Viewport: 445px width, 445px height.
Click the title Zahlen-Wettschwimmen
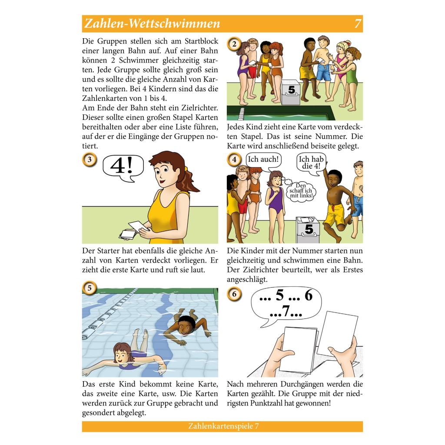click(153, 23)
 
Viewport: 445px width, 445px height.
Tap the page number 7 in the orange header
click(358, 23)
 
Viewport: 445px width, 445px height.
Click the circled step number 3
click(90, 159)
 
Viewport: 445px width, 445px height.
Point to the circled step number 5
click(90, 288)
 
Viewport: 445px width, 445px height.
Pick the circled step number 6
click(234, 294)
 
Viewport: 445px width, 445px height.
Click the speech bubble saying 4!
click(123, 167)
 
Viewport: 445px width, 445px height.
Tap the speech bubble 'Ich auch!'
click(263, 161)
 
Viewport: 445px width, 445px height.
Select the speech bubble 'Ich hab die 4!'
click(311, 163)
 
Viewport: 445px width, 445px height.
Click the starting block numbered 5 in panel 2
click(290, 92)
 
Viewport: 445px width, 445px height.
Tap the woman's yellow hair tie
click(186, 169)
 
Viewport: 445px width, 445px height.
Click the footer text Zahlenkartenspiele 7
click(223, 426)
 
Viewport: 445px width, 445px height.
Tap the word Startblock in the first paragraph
click(201, 41)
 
